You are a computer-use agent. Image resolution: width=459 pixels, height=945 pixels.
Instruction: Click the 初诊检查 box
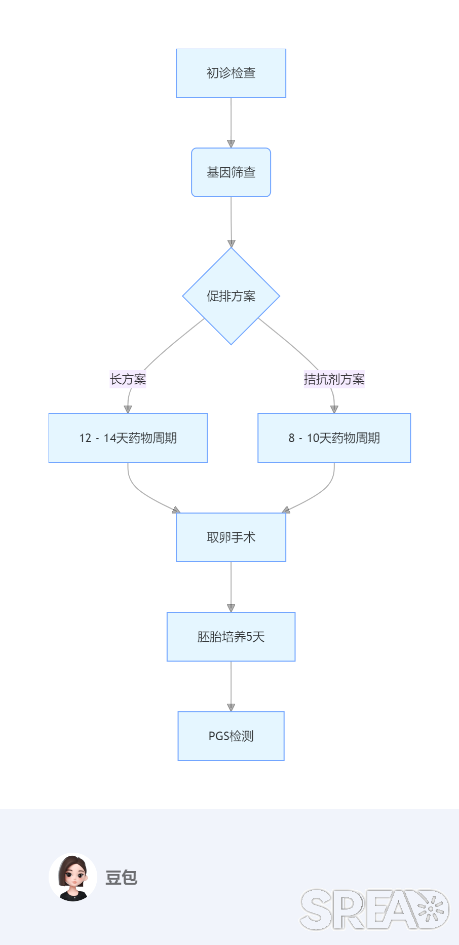pyautogui.click(x=231, y=73)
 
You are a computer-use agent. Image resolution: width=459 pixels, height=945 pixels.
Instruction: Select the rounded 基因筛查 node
pyautogui.click(x=231, y=172)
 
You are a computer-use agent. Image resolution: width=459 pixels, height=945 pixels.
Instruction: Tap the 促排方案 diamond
pyautogui.click(x=231, y=296)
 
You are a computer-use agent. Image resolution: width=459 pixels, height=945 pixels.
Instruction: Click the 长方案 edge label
pyautogui.click(x=128, y=379)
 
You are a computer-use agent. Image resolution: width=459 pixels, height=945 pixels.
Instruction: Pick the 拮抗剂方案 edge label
pyautogui.click(x=334, y=379)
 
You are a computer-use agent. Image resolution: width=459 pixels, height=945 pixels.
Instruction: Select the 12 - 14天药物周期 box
pyautogui.click(x=128, y=438)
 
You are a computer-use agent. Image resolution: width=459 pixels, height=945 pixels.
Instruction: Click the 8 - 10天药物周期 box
pyautogui.click(x=334, y=438)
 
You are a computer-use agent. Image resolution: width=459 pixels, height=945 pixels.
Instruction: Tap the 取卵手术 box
pyautogui.click(x=231, y=537)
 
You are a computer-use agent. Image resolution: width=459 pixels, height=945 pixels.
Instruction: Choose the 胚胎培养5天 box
pyautogui.click(x=231, y=637)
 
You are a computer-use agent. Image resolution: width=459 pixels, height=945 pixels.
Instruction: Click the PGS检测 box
pyautogui.click(x=231, y=736)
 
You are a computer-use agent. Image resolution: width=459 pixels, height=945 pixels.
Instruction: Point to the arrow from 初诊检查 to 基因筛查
pyautogui.click(x=231, y=122)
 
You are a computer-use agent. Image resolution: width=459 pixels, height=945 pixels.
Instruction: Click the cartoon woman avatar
pyautogui.click(x=73, y=877)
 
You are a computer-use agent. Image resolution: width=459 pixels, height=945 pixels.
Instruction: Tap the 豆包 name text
pyautogui.click(x=121, y=877)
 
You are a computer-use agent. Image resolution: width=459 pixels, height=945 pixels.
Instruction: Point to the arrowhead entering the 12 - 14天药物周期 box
pyautogui.click(x=128, y=409)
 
